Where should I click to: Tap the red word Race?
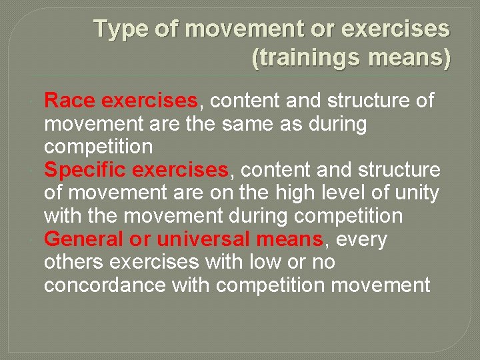tap(70, 101)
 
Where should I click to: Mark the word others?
tap(74, 263)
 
